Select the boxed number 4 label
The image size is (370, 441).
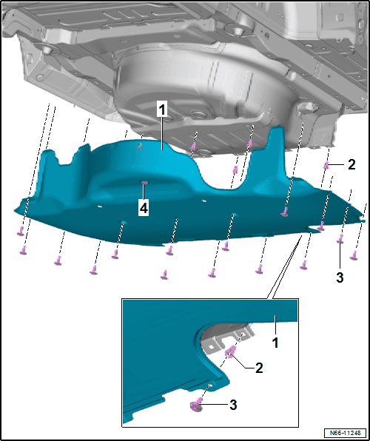point(144,209)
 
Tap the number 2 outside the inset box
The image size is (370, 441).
point(351,165)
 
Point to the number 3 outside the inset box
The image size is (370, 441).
point(340,278)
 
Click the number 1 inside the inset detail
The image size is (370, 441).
point(276,343)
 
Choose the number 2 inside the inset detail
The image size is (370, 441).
point(259,368)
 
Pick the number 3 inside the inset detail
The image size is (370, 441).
point(233,405)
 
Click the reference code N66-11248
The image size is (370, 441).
point(346,432)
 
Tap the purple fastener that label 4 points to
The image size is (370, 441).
point(144,183)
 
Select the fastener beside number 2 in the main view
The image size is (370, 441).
point(326,166)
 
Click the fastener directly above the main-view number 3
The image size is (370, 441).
point(340,238)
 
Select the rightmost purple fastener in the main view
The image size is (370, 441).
point(354,255)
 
